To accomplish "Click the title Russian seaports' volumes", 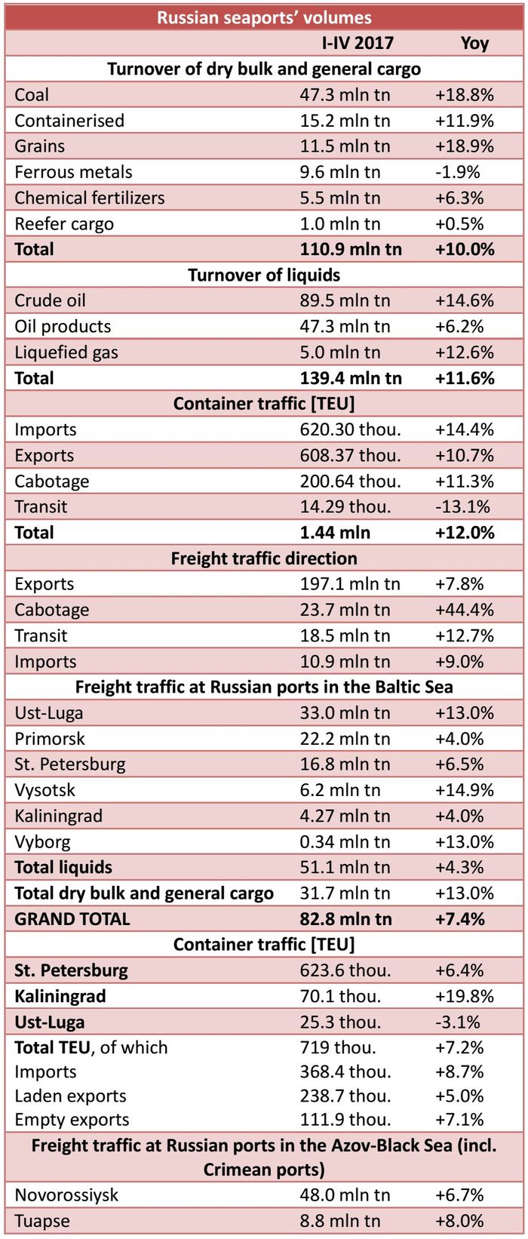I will [x=264, y=17].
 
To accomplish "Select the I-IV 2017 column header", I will [x=358, y=43].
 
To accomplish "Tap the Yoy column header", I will [x=474, y=43].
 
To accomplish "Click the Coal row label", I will [x=32, y=95].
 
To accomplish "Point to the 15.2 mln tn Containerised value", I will [x=345, y=121].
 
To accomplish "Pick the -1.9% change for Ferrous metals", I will [x=457, y=172].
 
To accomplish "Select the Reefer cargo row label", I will [x=64, y=224].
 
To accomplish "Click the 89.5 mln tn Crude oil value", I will [x=345, y=301].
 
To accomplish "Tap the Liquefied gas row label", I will [x=66, y=352].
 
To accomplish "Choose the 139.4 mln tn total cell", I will [x=351, y=378].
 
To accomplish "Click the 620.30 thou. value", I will [x=350, y=430].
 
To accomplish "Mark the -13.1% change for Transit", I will [x=462, y=507].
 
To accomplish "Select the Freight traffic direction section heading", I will [x=264, y=558].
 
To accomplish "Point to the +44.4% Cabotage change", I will [x=465, y=610].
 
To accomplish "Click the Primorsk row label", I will [x=50, y=739].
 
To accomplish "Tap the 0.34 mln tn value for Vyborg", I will [x=345, y=842].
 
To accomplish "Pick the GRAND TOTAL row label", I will [x=72, y=919].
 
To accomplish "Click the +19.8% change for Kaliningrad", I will [x=465, y=996].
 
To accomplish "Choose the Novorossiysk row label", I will [x=66, y=1195].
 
